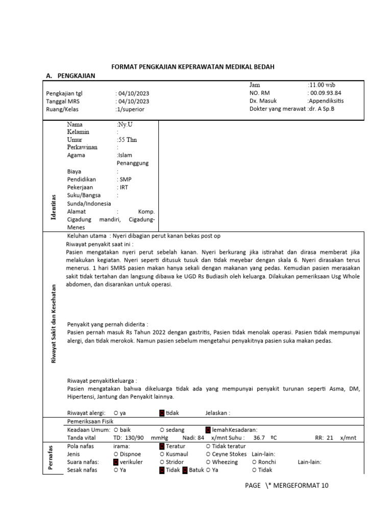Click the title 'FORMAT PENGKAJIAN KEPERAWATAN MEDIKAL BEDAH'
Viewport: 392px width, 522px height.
[196, 67]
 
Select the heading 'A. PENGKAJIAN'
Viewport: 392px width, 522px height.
[70, 76]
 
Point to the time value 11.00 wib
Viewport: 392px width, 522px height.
[322, 85]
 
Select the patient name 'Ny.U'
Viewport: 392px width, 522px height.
[124, 124]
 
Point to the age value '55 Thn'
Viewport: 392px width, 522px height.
[127, 140]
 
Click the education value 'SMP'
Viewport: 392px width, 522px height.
[125, 179]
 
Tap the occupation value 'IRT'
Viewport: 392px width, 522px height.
[124, 188]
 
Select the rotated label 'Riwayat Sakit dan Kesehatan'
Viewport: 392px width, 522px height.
[53, 324]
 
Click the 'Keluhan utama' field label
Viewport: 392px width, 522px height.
[87, 236]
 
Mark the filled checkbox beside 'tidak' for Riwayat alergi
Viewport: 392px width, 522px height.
[162, 413]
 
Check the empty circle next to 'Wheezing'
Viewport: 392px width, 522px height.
[209, 462]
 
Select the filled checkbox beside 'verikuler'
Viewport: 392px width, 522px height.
[116, 462]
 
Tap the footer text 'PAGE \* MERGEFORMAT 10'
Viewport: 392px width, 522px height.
[286, 486]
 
